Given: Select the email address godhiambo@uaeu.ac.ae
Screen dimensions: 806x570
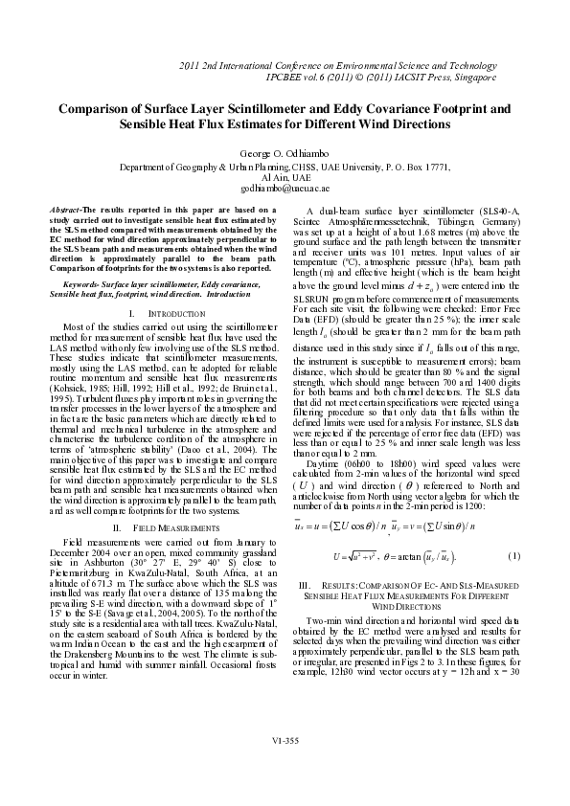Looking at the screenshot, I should point(285,190).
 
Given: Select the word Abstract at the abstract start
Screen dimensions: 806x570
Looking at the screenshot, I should point(64,209).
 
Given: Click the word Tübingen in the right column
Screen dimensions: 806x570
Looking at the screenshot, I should point(460,219).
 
